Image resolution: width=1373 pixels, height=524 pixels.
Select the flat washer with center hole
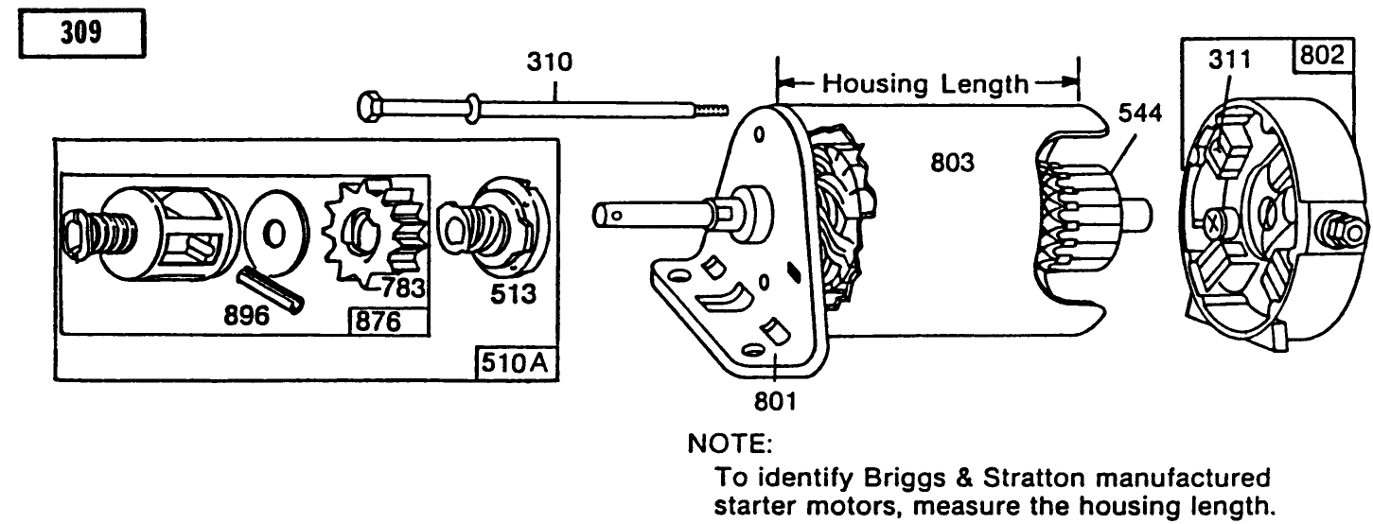click(x=275, y=232)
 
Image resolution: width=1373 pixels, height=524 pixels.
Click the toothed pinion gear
click(x=366, y=235)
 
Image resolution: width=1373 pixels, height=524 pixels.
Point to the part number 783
click(x=403, y=285)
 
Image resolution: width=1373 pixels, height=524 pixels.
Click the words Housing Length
click(x=924, y=84)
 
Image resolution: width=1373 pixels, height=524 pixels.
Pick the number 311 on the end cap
click(x=1230, y=61)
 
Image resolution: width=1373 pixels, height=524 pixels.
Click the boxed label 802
click(x=1319, y=56)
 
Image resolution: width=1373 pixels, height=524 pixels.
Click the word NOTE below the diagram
click(x=730, y=443)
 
